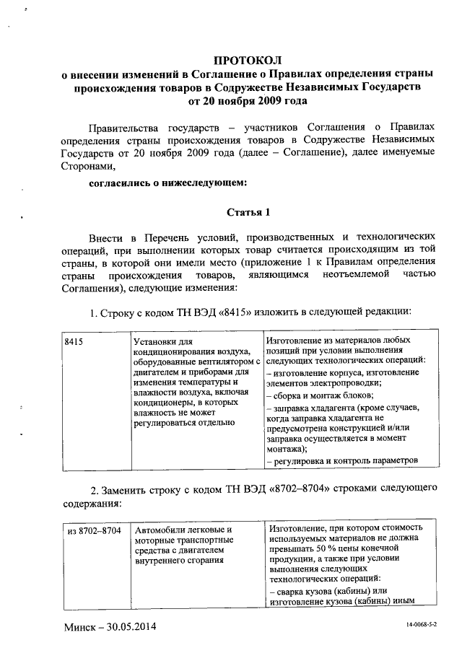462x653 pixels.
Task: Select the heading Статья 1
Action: pyautogui.click(x=248, y=212)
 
